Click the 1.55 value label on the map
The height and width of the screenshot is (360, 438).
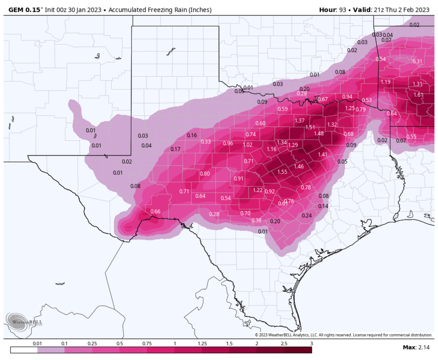point(282,172)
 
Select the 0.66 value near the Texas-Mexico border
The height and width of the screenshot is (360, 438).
point(155,212)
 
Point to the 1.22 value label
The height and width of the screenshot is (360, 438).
point(258,191)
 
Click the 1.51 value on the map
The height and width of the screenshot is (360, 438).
point(310,127)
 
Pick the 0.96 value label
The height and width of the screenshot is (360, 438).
point(228,144)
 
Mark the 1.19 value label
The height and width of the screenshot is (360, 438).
point(385,82)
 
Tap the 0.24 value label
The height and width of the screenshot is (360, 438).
point(307,216)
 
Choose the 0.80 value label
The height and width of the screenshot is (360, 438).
point(205,174)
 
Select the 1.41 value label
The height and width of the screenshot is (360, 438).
point(322,155)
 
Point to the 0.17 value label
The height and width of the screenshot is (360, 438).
point(176,149)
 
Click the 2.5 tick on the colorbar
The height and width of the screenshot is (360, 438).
point(284,344)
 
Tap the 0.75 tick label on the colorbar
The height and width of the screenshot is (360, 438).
point(147,344)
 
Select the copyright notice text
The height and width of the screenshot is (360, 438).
point(343,335)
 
